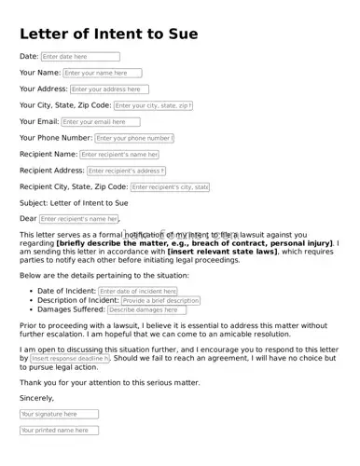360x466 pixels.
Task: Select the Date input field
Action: [x=80, y=57]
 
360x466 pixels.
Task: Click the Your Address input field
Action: [x=109, y=89]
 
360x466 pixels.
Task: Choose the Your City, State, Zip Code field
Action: [x=154, y=106]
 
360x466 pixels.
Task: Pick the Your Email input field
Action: [x=100, y=122]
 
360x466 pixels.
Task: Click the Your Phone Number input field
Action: [x=134, y=138]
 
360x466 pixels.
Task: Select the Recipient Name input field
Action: [x=119, y=155]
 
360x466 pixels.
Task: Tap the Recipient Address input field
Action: [x=126, y=171]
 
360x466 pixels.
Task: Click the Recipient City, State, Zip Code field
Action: [x=170, y=187]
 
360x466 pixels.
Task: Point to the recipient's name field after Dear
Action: [x=79, y=219]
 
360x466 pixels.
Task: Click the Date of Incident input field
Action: [x=138, y=292]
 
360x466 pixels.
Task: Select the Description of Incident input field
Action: [x=160, y=301]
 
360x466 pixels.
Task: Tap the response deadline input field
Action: [x=70, y=359]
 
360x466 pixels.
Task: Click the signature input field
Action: [x=59, y=414]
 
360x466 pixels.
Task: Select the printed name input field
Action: [x=59, y=431]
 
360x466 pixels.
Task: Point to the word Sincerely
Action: [x=37, y=398]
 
